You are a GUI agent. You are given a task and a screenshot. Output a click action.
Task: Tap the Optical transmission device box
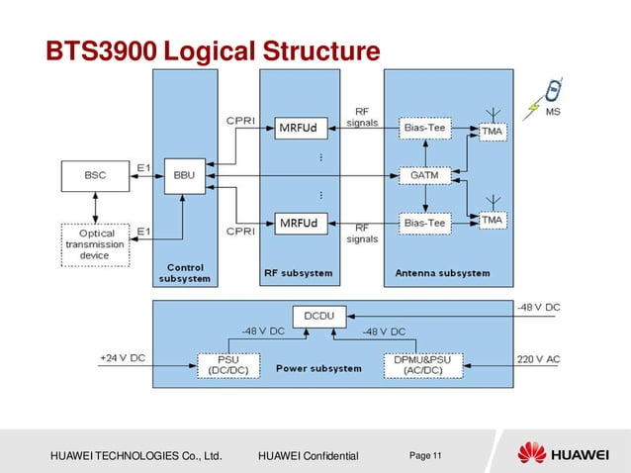[x=94, y=243]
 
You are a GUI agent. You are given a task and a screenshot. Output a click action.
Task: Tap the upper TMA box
[x=492, y=131]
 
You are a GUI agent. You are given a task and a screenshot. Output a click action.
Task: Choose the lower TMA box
[x=492, y=219]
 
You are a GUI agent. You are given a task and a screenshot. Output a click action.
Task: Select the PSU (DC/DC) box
[x=224, y=364]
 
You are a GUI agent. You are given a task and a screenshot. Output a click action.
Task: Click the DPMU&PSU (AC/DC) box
[x=417, y=364]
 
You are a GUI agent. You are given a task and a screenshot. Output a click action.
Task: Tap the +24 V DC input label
[x=123, y=355]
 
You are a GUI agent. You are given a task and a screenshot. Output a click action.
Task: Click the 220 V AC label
[x=538, y=355]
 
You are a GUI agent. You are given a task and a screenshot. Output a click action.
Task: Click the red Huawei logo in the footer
[x=532, y=453]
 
